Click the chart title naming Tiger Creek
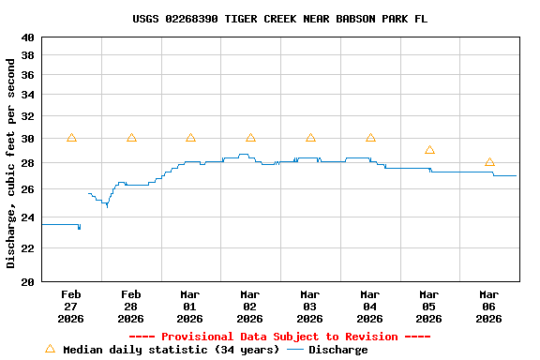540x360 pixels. [279, 19]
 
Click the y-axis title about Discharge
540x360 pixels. [11, 163]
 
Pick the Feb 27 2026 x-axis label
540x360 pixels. [70, 306]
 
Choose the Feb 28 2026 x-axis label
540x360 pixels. [130, 306]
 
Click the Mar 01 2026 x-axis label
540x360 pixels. [190, 306]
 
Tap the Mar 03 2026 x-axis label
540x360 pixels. [309, 306]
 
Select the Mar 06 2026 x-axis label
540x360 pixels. [488, 306]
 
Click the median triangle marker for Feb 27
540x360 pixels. [71, 138]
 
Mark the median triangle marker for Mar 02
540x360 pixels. [250, 138]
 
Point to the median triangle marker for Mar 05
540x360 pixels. [429, 150]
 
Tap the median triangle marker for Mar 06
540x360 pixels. [489, 162]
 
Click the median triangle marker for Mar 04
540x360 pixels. [370, 138]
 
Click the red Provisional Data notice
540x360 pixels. [279, 337]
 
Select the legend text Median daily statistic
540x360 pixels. [171, 350]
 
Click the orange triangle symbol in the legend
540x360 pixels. [50, 349]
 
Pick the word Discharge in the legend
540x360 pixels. [337, 350]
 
